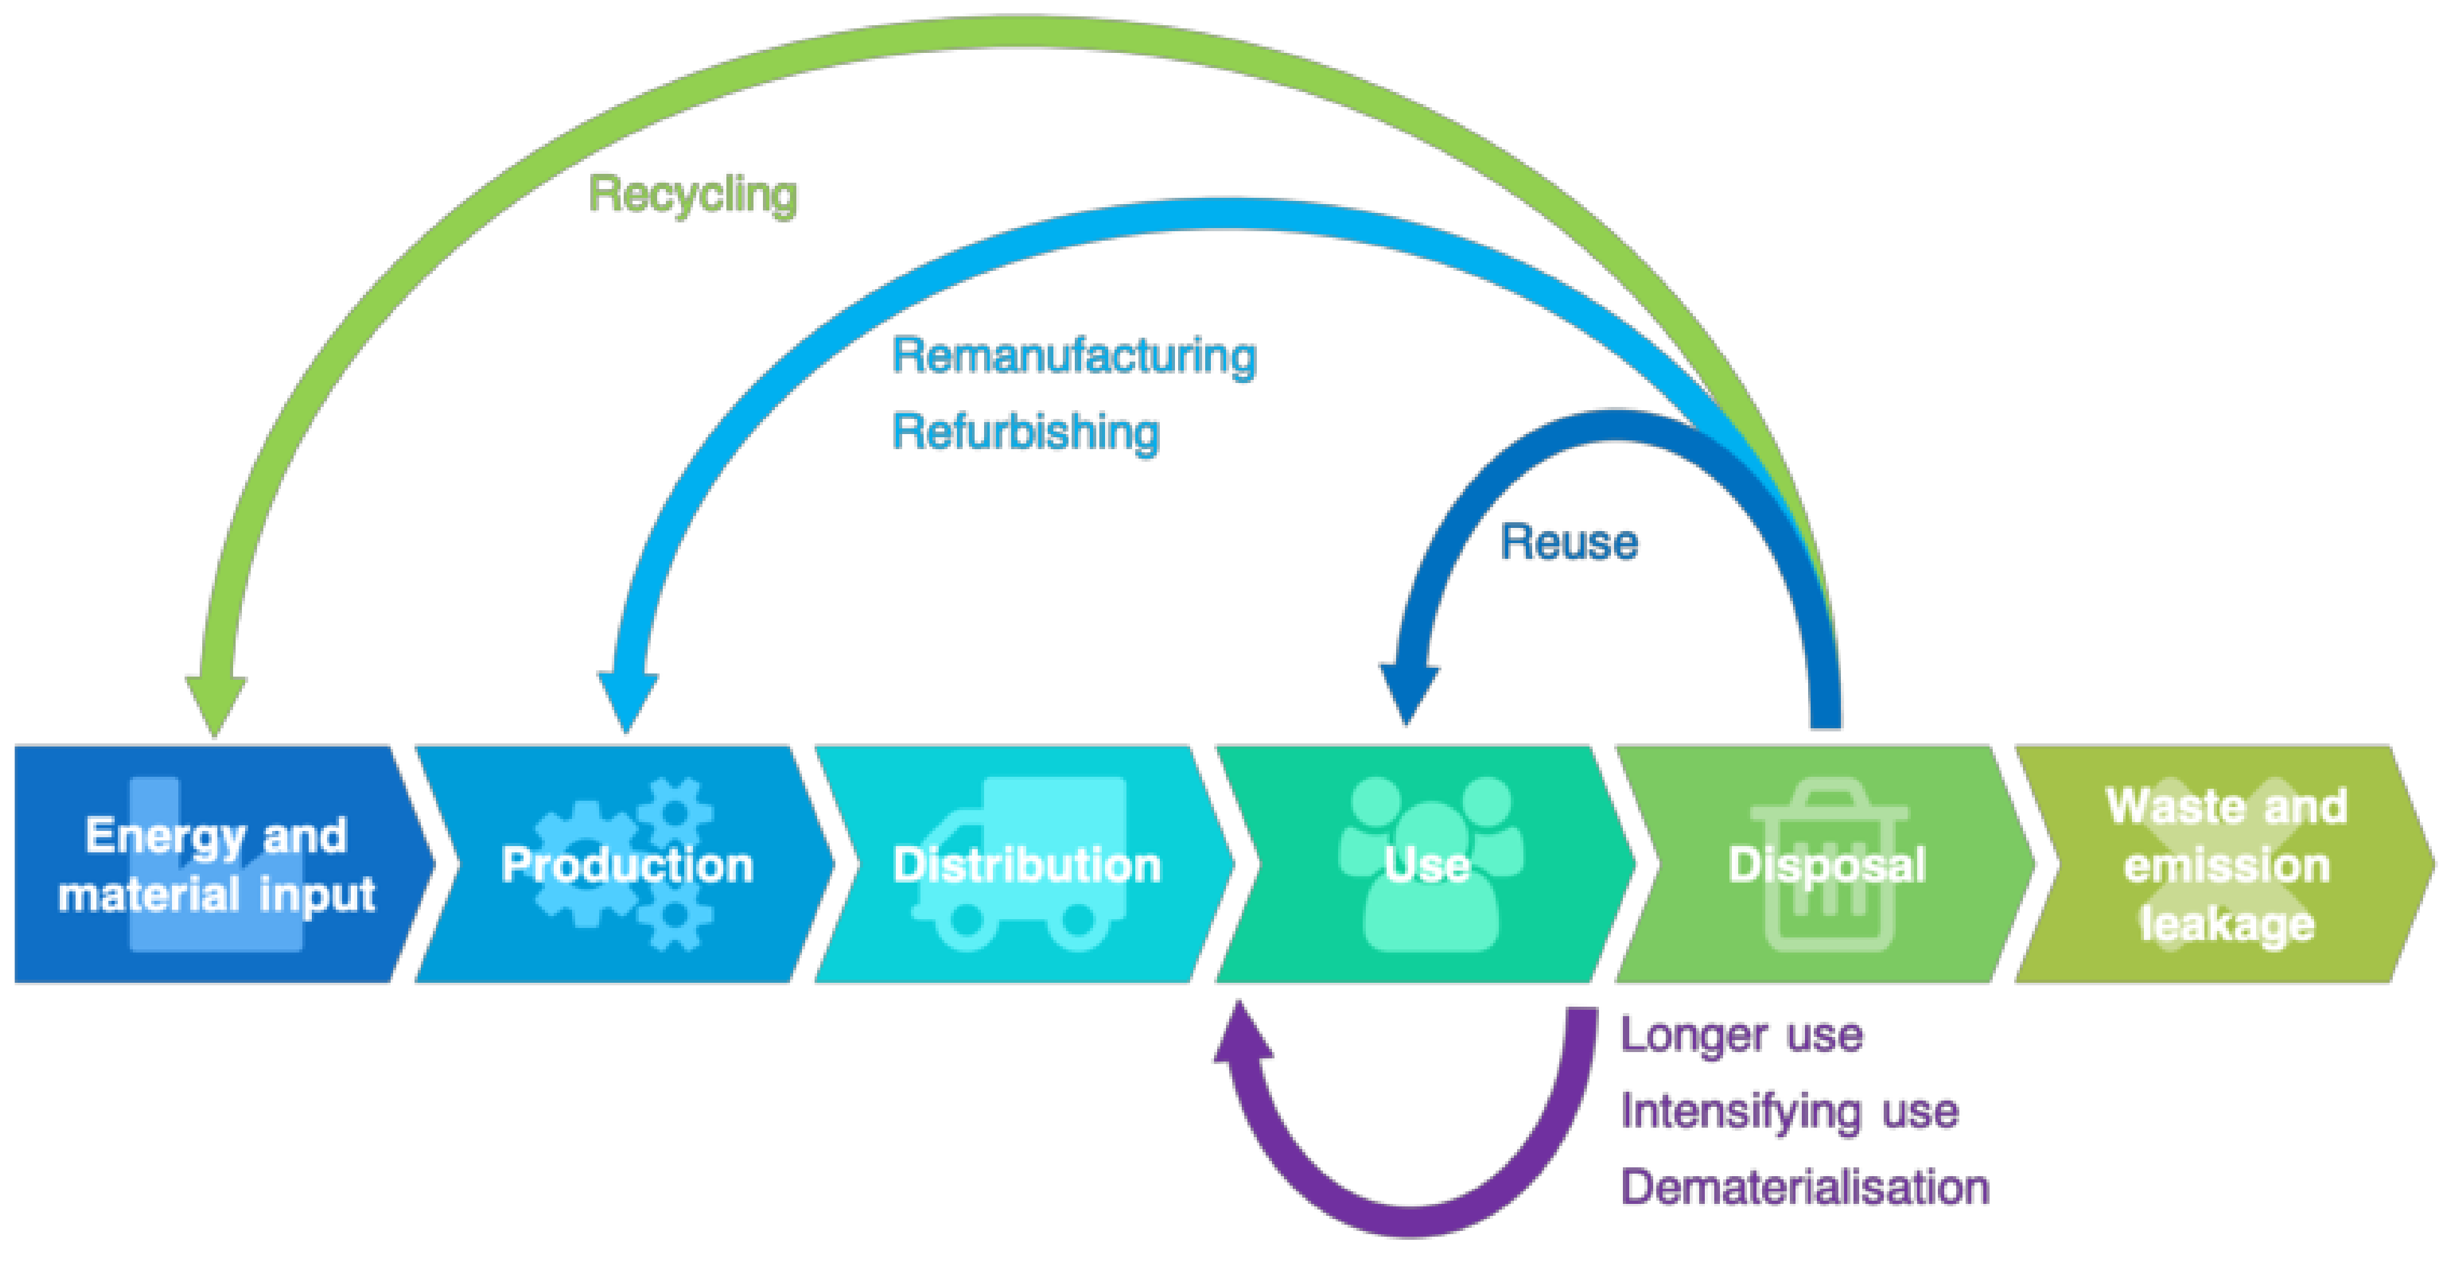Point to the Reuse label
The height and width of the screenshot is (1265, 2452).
pyautogui.click(x=1569, y=542)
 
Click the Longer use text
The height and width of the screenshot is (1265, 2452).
pyautogui.click(x=1741, y=1034)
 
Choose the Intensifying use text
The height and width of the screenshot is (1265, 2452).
pyautogui.click(x=1789, y=1111)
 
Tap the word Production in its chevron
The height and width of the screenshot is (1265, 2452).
pyautogui.click(x=627, y=865)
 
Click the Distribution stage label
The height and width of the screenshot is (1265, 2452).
pyautogui.click(x=1026, y=865)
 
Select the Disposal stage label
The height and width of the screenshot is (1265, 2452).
pyautogui.click(x=1826, y=865)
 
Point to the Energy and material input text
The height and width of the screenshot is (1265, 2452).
pyautogui.click(x=216, y=865)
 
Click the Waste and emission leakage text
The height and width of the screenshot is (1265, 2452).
pyautogui.click(x=2225, y=865)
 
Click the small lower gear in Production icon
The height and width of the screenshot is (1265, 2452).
pyautogui.click(x=674, y=917)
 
